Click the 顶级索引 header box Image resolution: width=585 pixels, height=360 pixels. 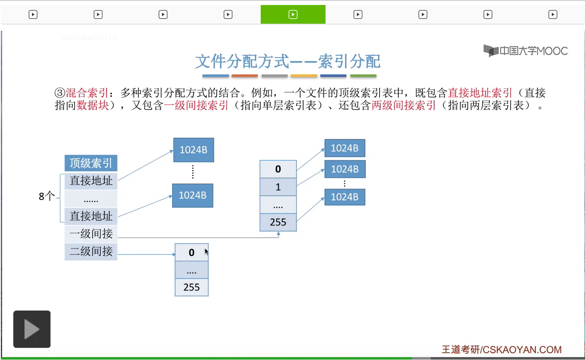(91, 163)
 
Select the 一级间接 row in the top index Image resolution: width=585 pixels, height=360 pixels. (91, 234)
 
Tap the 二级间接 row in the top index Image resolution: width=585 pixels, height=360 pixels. (91, 252)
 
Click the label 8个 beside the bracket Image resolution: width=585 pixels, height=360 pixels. (47, 196)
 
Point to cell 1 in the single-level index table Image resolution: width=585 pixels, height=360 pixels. (278, 187)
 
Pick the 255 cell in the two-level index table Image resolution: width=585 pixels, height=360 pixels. (191, 287)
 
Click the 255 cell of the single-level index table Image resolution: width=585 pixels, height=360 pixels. (278, 222)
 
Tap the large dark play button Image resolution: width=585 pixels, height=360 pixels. (32, 329)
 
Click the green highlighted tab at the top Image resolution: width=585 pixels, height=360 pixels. (293, 15)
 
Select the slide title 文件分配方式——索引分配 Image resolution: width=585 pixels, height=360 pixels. (288, 62)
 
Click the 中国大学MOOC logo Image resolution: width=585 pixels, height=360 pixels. (526, 51)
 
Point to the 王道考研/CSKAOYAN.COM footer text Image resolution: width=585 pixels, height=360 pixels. (501, 350)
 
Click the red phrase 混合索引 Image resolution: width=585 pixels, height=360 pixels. (87, 93)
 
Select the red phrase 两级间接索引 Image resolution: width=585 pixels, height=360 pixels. (403, 106)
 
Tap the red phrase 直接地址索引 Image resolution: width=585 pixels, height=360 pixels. (480, 93)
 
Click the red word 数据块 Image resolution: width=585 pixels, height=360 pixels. (93, 106)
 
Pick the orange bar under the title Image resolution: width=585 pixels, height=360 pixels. (244, 76)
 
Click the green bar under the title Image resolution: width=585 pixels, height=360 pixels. (363, 76)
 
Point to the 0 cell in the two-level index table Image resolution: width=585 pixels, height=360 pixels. (191, 252)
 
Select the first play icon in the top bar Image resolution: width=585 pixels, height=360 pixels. (33, 15)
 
